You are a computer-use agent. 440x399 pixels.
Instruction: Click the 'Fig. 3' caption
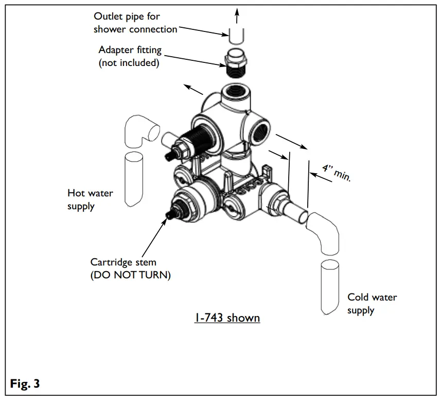[x=25, y=384]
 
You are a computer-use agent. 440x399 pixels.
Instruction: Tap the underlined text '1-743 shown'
[x=226, y=318]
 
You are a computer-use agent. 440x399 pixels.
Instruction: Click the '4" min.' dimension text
[x=336, y=173]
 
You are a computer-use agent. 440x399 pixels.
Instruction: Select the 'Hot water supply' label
[x=90, y=199]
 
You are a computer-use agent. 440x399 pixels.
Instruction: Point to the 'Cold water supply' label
[x=372, y=304]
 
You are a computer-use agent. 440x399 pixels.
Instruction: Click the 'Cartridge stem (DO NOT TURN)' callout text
[x=130, y=269]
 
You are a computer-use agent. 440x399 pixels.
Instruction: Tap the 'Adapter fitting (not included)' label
[x=130, y=57]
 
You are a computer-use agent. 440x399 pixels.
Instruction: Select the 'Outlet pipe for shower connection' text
[x=135, y=23]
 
